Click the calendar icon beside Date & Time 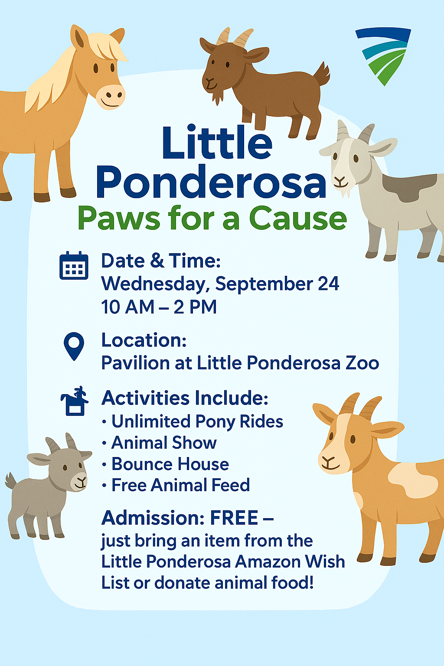pos(74,265)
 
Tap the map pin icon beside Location pos(74,346)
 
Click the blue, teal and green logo pos(383,56)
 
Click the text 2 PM pos(195,307)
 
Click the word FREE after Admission pos(234,518)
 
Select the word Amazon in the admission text pos(264,562)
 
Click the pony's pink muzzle pos(110,97)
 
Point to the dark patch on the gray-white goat pos(410,187)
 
